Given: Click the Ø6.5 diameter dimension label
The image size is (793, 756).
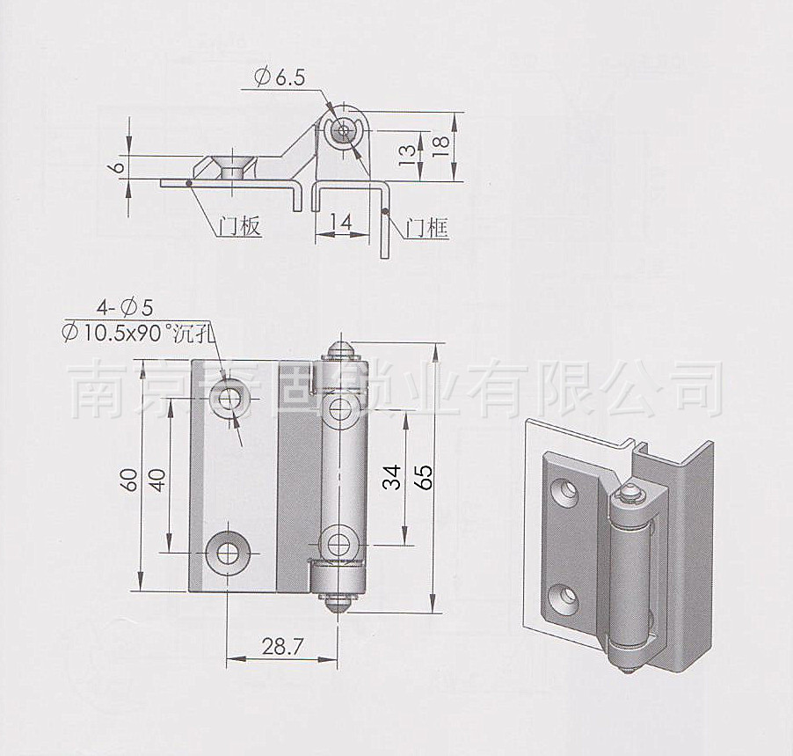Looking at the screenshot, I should (280, 78).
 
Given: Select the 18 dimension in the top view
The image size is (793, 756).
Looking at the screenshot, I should (442, 144).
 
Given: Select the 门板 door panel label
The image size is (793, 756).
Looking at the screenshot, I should (239, 227).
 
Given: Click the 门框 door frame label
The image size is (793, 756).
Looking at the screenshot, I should (428, 229).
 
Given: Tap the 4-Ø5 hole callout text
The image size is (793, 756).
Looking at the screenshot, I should (125, 307).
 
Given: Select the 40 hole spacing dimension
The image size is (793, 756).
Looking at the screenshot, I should (157, 479).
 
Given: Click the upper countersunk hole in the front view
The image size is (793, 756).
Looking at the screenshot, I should (231, 398).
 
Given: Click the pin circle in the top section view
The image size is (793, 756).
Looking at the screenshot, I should (343, 132).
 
